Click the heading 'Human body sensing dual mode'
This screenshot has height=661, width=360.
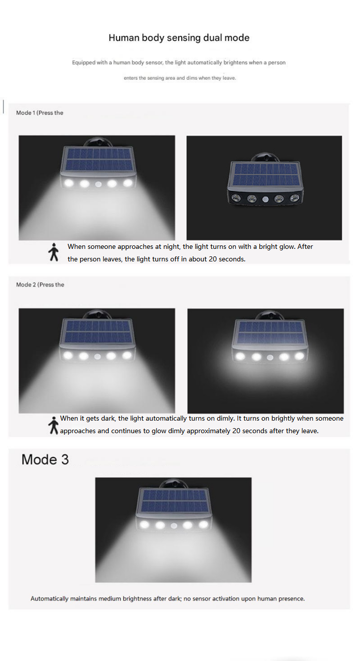tap(179, 38)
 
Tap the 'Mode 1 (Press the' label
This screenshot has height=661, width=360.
tap(40, 113)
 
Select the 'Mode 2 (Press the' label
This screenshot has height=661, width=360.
tap(40, 284)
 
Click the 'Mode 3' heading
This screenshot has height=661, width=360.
tap(45, 459)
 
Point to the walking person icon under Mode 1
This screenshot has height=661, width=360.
tap(53, 252)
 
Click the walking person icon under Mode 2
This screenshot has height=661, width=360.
tap(53, 425)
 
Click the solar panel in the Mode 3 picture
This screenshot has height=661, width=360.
tap(173, 502)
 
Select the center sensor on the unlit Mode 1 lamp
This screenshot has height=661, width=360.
tap(264, 199)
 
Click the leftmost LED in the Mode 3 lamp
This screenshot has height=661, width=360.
tap(145, 525)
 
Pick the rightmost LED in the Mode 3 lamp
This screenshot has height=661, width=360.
tap(203, 525)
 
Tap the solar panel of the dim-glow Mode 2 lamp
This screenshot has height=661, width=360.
tap(270, 333)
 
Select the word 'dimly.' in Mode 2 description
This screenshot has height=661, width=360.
tap(224, 418)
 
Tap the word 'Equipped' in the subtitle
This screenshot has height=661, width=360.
tap(83, 63)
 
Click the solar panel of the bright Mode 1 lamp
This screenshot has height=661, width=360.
tap(97, 160)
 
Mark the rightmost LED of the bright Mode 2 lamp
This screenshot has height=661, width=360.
tap(127, 356)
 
